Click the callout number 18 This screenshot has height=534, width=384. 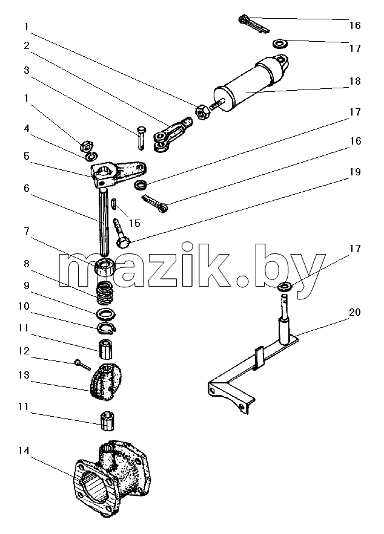tap(355, 82)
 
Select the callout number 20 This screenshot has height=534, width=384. tap(355, 312)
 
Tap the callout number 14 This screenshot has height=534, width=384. tap(24, 451)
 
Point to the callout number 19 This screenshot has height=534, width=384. tap(355, 172)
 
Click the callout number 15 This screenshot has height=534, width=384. tap(134, 223)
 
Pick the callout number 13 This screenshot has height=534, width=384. tap(24, 375)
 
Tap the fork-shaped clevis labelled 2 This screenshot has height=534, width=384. tap(172, 134)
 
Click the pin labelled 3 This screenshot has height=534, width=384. tap(142, 137)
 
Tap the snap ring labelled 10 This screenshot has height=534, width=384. tap(107, 327)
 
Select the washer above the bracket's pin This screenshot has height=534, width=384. tap(285, 287)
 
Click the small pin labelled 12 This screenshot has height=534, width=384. tap(82, 365)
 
